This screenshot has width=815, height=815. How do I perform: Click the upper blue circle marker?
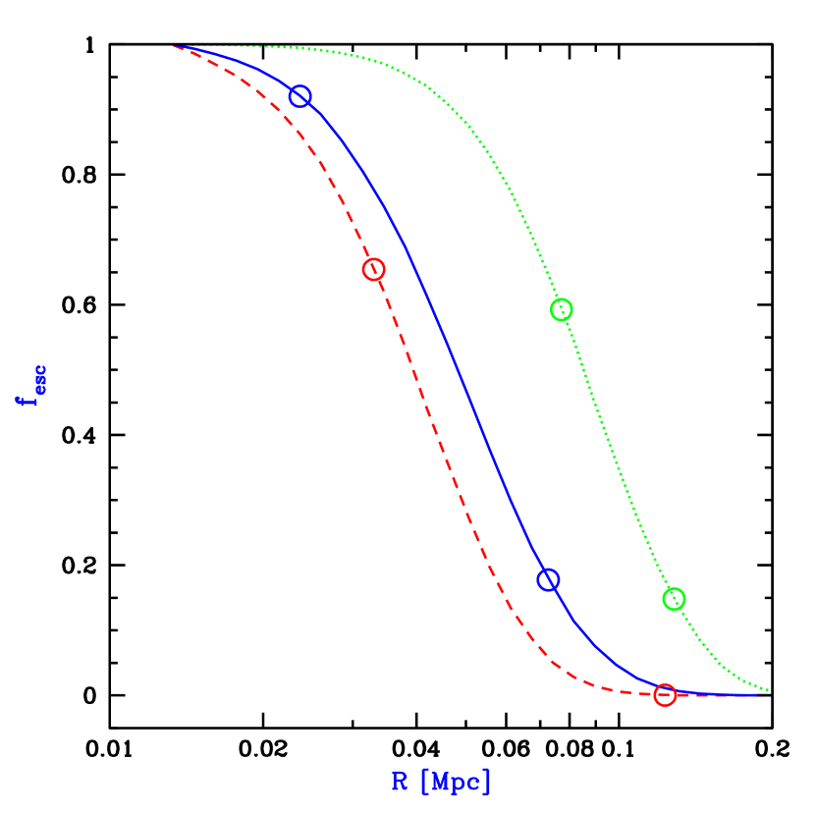tap(299, 95)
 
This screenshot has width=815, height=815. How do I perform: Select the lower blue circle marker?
tap(548, 579)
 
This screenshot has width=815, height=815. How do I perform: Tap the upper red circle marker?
tap(373, 269)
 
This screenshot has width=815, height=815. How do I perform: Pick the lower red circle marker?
tap(665, 695)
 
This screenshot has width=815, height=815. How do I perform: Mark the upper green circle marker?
tap(561, 309)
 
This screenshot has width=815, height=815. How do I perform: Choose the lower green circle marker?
tap(674, 599)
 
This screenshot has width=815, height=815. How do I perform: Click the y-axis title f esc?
tap(30, 385)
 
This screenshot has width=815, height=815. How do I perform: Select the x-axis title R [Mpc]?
tap(441, 782)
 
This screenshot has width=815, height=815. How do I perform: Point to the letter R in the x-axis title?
tap(400, 782)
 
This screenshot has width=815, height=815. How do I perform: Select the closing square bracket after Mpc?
tap(487, 782)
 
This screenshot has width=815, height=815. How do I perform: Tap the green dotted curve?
tap(609, 442)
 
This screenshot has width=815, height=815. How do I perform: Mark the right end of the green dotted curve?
tap(768, 690)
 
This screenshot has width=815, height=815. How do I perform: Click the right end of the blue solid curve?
tap(767, 694)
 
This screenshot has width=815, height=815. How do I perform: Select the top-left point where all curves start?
tap(175, 46)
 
